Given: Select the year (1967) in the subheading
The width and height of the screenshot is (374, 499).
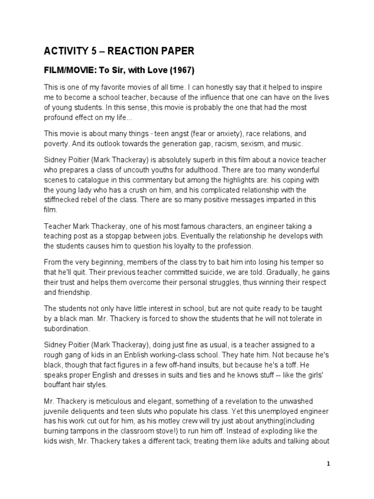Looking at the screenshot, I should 181,70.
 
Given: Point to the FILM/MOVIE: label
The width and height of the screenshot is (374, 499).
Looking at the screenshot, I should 70,70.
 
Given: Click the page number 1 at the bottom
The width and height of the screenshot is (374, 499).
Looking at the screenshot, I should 329,464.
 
